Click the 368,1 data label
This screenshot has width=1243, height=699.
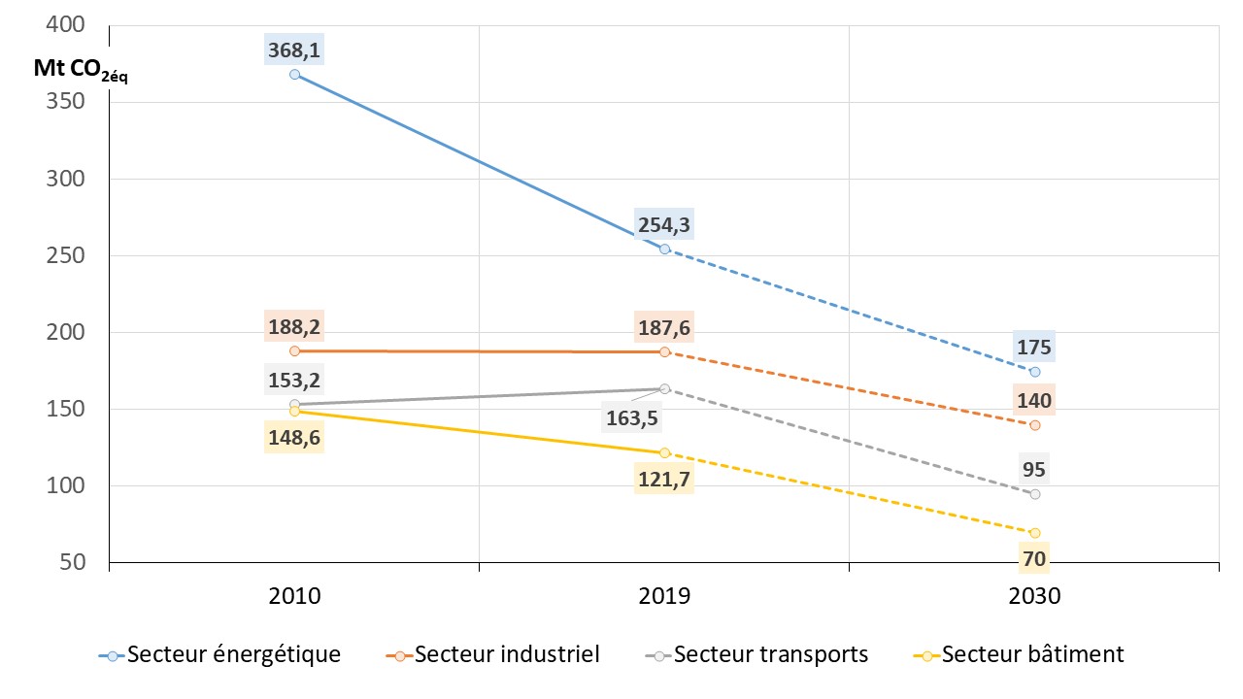pos(294,48)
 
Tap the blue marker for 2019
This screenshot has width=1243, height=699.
pos(664,250)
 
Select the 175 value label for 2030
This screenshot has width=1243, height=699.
pos(1034,347)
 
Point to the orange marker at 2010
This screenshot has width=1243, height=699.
pos(294,350)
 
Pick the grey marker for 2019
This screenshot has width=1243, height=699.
pos(664,388)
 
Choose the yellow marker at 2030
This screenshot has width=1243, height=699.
pos(1034,533)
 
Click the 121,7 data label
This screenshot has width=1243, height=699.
pos(664,478)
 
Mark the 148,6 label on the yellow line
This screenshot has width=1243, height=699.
pos(294,438)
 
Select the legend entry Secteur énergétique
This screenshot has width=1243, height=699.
pos(220,654)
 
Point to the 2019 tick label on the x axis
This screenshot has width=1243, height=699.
pos(664,596)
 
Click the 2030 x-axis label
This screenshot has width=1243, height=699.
pos(1034,596)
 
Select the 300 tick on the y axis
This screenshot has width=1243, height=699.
pos(66,180)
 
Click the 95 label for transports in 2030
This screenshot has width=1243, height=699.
pos(1034,470)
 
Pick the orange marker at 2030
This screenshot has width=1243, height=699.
pos(1034,425)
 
